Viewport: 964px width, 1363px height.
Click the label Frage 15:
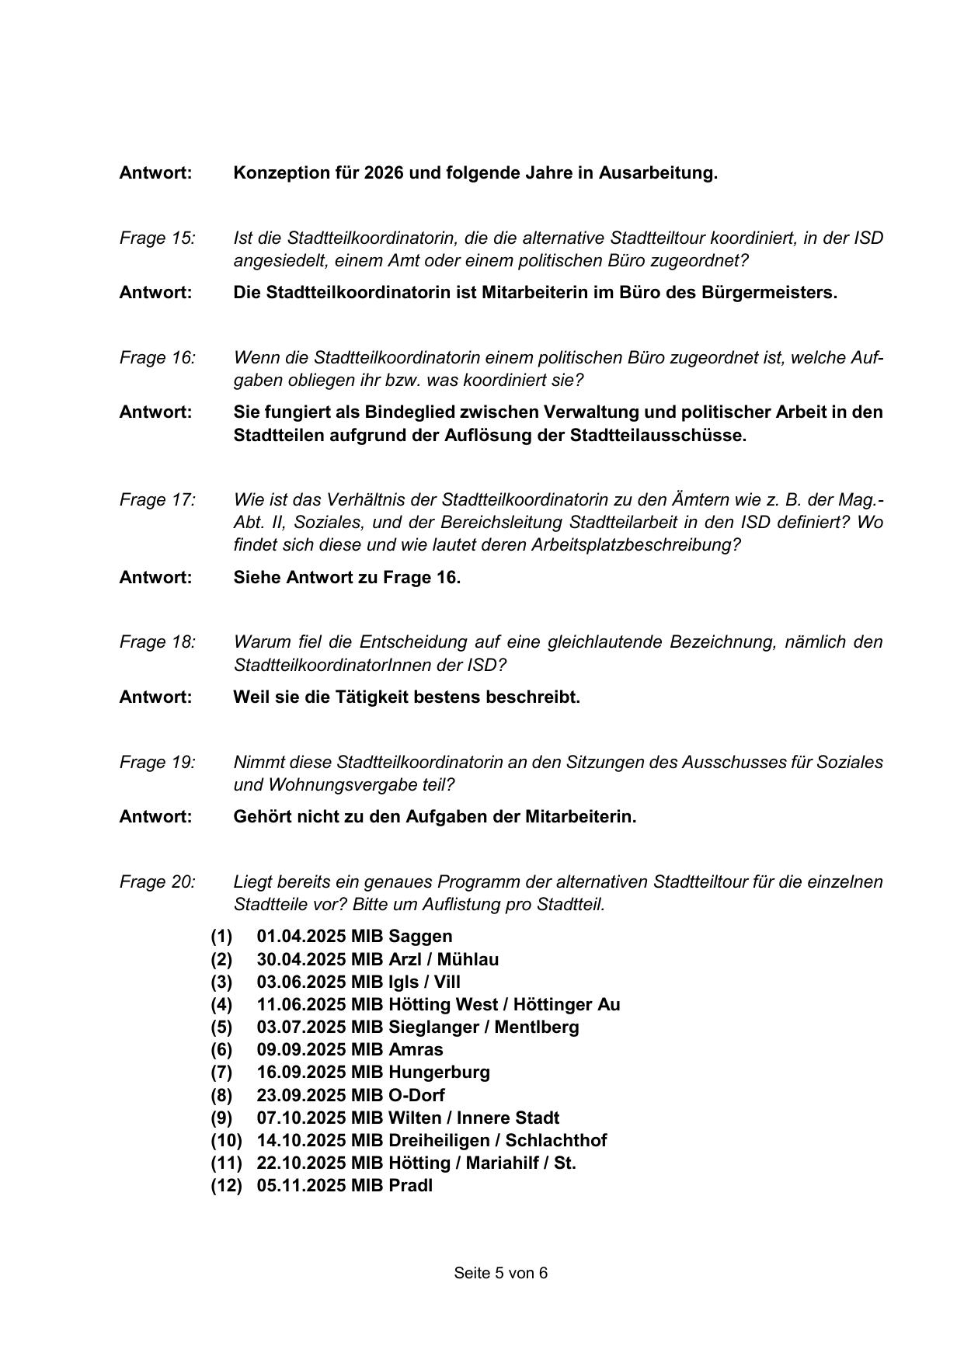point(157,238)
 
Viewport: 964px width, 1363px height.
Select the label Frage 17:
point(157,499)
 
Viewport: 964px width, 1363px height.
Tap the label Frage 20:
point(157,881)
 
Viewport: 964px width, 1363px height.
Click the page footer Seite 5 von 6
point(500,1273)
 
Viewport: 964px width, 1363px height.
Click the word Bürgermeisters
point(769,293)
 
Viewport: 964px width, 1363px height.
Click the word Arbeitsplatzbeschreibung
point(636,544)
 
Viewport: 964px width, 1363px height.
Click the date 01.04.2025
point(301,937)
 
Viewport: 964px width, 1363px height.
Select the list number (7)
point(221,1073)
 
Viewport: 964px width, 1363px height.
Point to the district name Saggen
point(420,937)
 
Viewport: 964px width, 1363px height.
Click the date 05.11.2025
point(301,1186)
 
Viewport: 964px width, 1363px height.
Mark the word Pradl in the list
point(410,1186)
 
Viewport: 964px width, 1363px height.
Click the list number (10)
point(226,1140)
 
